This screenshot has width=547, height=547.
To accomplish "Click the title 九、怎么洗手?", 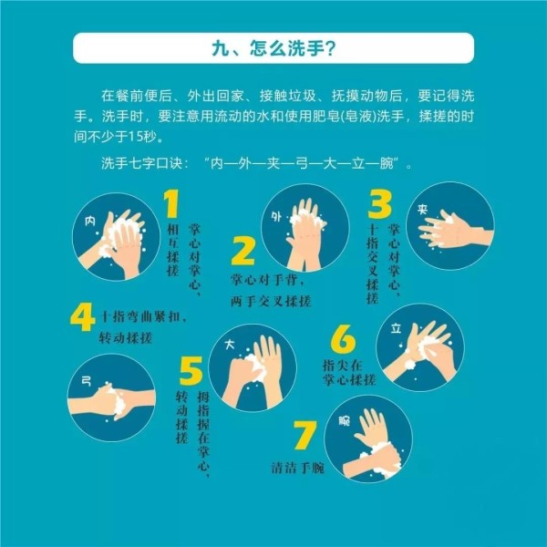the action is coord(273,48).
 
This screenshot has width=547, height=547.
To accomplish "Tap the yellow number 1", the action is coord(171,203).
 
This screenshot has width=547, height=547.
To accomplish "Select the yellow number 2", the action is coord(243,251).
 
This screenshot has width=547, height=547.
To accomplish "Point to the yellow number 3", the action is coord(379,204).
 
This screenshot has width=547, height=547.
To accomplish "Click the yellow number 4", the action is coord(83,316).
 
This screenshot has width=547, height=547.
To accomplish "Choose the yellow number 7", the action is coord(305,435).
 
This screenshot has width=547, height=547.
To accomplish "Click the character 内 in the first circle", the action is coord(90,221).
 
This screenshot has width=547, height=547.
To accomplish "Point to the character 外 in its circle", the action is coord(276,217).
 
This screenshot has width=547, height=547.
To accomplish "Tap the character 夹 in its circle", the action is coord(423,210).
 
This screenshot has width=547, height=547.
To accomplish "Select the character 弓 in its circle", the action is coord(87,381).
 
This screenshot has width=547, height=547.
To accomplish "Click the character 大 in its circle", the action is coord(230,345).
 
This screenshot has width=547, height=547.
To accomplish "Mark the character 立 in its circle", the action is coord(396,328).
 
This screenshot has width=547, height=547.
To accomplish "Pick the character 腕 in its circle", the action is coord(345,421).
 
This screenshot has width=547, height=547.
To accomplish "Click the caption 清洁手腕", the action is coord(298,468).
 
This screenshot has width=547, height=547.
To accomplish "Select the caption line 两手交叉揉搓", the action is coord(271,301).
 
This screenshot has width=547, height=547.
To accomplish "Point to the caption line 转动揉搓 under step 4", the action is coord(126,337).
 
